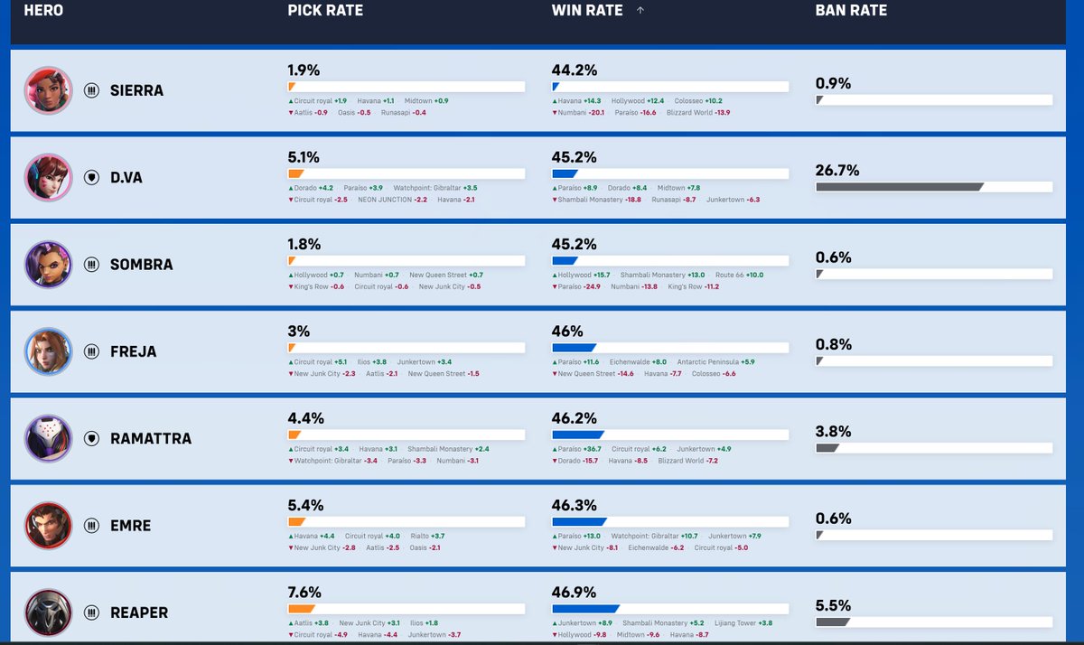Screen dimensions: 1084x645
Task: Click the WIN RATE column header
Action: pos(587,10)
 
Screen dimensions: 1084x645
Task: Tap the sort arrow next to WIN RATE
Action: pos(640,10)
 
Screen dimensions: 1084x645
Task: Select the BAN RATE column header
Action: pos(851,10)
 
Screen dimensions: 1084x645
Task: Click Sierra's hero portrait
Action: pos(49,90)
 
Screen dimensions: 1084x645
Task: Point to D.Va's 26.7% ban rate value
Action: pos(837,171)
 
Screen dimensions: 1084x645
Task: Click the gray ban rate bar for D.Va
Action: pos(900,187)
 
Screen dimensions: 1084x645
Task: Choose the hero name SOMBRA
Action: pos(141,265)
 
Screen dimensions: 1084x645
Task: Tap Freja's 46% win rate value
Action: pos(567,332)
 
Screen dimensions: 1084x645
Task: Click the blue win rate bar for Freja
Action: pos(574,348)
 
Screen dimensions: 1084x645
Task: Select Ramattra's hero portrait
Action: pos(49,438)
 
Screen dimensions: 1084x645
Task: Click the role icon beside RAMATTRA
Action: pos(91,438)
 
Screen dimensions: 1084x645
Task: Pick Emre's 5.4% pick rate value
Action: pos(305,505)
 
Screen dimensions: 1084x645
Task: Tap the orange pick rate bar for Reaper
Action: pos(302,609)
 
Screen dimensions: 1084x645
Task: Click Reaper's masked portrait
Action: pos(49,612)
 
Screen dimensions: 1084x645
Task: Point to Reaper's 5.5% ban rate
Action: pos(833,605)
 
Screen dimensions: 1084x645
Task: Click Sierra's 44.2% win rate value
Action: pos(575,70)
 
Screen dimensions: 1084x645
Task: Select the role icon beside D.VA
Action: pos(91,178)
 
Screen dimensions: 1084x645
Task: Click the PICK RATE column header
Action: pos(325,10)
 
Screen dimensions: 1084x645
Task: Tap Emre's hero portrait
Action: pos(49,526)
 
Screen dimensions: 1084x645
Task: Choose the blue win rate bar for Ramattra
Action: pos(578,435)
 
